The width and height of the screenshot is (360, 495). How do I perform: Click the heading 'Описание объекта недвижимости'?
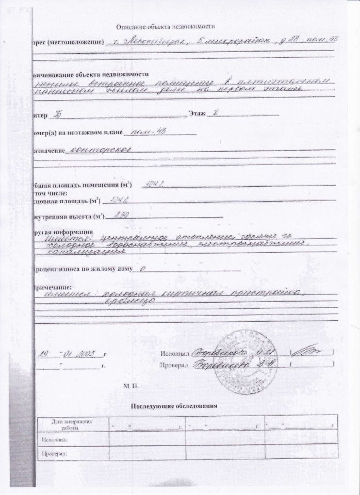(165, 26)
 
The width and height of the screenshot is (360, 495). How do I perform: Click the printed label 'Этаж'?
(197, 112)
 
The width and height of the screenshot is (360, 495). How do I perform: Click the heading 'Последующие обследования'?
(175, 406)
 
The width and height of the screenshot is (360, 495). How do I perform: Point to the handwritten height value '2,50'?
(122, 216)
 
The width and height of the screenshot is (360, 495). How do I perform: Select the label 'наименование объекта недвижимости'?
(90, 74)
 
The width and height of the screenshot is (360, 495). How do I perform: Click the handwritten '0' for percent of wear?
(142, 269)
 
